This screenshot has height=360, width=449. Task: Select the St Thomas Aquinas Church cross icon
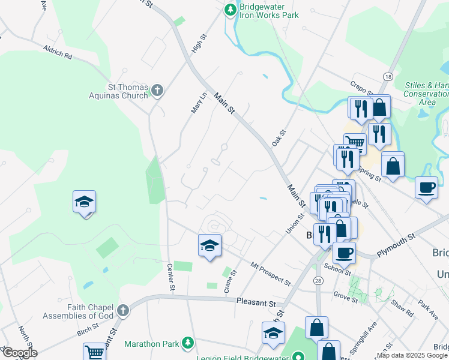[157, 91]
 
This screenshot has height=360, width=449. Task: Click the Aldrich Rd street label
[57, 52]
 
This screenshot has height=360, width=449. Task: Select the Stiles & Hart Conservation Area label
[426, 93]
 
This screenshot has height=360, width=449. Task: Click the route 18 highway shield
[388, 76]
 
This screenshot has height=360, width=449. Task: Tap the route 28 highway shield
[318, 281]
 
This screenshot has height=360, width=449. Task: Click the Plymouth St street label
[396, 246]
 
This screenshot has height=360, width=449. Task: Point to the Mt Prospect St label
[271, 273]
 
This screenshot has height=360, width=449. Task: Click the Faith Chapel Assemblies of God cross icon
[123, 311]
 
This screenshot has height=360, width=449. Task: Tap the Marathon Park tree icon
[188, 343]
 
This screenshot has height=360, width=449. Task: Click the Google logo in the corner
[19, 353]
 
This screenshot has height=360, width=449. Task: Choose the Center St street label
[170, 278]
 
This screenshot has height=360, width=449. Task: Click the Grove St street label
[345, 296]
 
